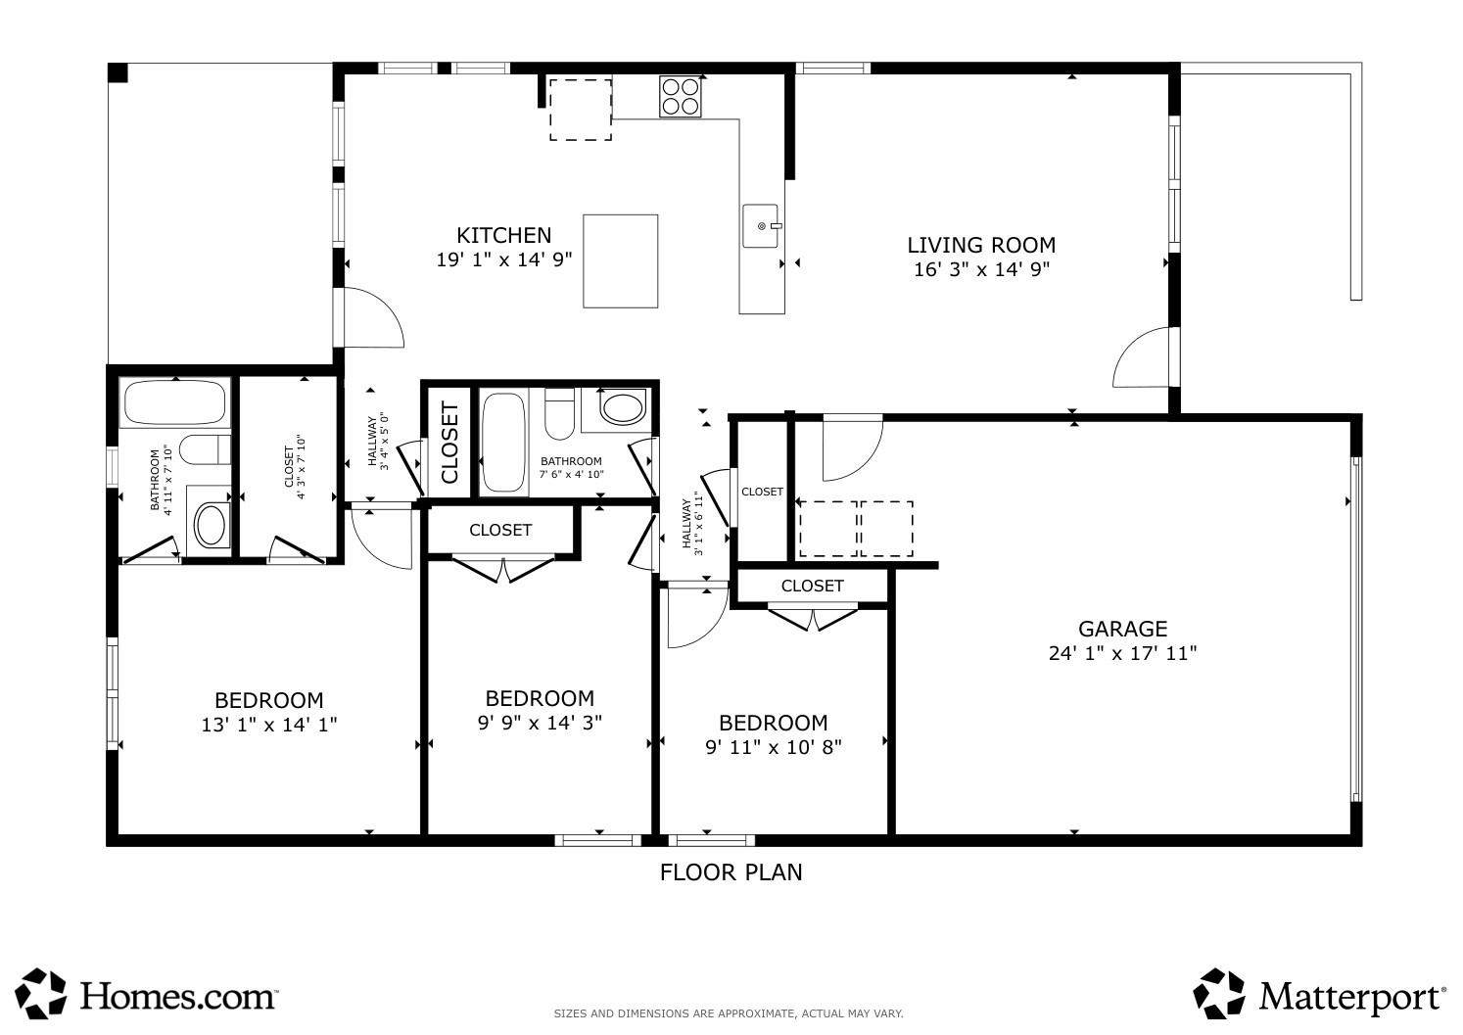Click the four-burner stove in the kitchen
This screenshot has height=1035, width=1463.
(x=681, y=96)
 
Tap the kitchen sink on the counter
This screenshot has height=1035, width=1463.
(x=762, y=226)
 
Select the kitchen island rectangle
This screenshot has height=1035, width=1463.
(x=620, y=260)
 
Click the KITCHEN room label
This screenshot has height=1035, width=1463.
(x=503, y=235)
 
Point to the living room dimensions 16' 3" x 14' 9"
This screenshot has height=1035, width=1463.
(x=981, y=270)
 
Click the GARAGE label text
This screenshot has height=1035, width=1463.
(x=1122, y=629)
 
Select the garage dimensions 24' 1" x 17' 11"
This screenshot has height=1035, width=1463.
(x=1122, y=653)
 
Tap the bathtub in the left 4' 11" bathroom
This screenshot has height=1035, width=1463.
(x=174, y=402)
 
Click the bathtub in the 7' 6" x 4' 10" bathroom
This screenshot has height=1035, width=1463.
(x=504, y=443)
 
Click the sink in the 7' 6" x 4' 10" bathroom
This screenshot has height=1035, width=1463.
(x=622, y=407)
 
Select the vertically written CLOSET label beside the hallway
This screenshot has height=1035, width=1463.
(x=450, y=442)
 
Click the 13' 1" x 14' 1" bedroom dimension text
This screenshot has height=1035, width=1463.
(x=268, y=726)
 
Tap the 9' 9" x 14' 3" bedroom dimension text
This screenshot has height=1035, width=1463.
(x=540, y=723)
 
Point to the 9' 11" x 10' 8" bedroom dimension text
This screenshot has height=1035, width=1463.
(x=773, y=747)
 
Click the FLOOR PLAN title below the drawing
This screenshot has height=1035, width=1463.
(x=731, y=871)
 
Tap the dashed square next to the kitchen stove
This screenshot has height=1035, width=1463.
(x=580, y=110)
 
